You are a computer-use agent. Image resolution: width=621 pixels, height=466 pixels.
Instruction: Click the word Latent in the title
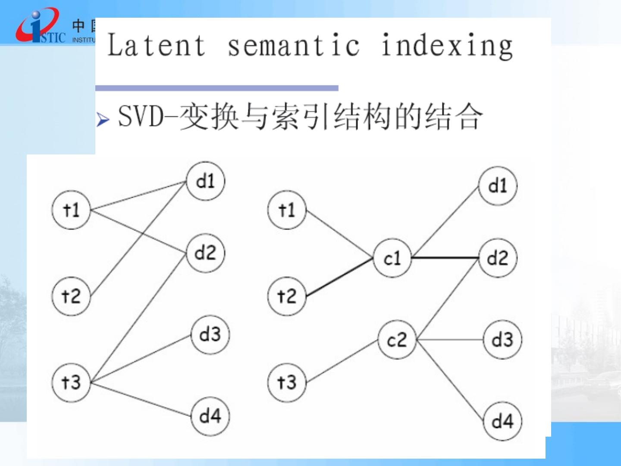click(x=156, y=45)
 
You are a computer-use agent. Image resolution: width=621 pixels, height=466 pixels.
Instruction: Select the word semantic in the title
click(x=293, y=45)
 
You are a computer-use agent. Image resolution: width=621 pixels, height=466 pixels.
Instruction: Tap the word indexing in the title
click(x=447, y=45)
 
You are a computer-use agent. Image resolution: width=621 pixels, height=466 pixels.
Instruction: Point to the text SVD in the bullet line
click(x=141, y=116)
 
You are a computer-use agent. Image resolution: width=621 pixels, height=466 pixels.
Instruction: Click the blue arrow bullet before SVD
click(x=103, y=119)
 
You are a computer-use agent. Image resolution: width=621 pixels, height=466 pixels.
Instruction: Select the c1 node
click(x=392, y=258)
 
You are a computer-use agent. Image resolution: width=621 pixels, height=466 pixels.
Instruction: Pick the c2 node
click(x=397, y=340)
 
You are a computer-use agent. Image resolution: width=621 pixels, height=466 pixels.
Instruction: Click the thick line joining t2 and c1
click(x=339, y=277)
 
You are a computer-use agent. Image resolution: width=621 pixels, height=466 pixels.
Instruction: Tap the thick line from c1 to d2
click(x=445, y=258)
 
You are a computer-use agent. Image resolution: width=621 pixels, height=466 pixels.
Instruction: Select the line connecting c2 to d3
click(x=450, y=340)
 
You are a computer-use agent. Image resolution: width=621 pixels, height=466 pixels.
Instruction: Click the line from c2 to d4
click(x=450, y=380)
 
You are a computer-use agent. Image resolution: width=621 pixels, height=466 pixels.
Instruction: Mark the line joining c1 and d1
click(x=445, y=223)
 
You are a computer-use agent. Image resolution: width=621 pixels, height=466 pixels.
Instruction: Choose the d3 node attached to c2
click(x=502, y=340)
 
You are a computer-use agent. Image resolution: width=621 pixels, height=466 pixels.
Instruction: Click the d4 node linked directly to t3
click(x=210, y=416)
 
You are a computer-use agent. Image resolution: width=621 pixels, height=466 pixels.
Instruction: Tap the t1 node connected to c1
click(x=287, y=210)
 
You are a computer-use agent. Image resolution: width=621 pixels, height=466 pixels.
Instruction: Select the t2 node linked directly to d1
click(x=71, y=296)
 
